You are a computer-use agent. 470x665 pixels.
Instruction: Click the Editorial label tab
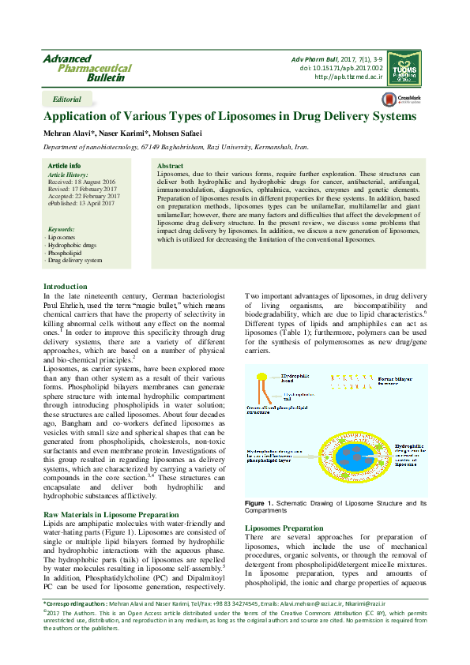[x=66, y=100]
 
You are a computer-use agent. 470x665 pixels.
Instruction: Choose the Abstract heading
[x=171, y=166]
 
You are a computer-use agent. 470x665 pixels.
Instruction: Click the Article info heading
[x=64, y=165]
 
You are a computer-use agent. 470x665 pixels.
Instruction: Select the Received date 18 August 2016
[x=82, y=181]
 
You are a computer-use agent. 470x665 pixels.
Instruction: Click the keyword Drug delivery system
[x=74, y=259]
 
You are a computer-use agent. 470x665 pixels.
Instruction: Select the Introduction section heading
[x=65, y=286]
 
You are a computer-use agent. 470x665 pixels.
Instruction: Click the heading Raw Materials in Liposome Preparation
[x=111, y=515]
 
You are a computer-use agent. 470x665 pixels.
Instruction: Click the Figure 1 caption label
[x=261, y=503]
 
